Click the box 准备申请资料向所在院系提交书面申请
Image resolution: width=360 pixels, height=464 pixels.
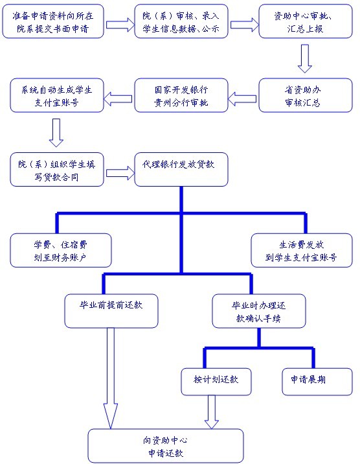(53, 21)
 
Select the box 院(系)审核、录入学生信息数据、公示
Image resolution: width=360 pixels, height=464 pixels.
(181, 21)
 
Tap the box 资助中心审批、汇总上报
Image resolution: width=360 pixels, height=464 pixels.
(306, 21)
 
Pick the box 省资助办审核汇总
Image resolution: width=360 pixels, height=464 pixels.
(306, 95)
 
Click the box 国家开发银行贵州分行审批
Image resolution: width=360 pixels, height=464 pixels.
(181, 95)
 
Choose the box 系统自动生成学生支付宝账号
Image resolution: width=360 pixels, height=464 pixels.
(57, 95)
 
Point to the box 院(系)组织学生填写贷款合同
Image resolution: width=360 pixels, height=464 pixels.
(57, 170)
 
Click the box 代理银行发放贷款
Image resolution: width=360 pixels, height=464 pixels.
(181, 170)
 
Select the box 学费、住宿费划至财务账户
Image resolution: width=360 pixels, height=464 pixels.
(61, 250)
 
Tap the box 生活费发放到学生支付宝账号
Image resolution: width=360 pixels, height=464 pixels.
(302, 250)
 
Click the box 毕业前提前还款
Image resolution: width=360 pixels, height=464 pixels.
(111, 311)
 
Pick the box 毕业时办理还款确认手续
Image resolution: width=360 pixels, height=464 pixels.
(259, 311)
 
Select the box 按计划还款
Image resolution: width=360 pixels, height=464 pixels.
(216, 382)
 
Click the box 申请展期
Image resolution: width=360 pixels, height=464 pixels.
(317, 382)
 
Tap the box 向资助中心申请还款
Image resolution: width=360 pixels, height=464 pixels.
(166, 446)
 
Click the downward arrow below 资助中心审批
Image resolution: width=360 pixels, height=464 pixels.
(305, 58)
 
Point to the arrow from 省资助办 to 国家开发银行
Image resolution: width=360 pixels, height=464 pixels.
(242, 99)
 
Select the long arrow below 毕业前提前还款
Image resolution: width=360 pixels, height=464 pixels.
(111, 378)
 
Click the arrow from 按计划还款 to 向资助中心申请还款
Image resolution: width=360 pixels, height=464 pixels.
(212, 412)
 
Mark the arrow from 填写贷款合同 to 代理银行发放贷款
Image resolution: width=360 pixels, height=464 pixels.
(120, 173)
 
